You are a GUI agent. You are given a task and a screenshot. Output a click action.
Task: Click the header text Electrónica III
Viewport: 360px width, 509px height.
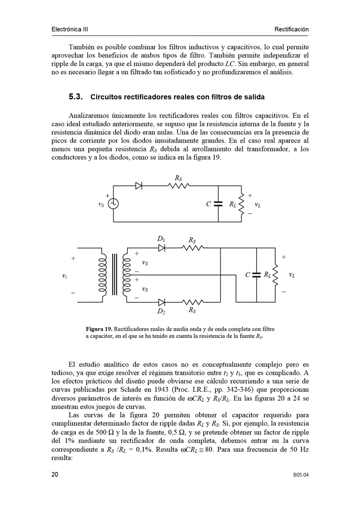69,29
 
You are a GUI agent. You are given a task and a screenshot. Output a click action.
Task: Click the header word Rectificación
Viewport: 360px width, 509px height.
291,29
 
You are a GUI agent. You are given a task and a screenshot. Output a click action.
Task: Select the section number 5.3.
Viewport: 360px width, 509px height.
75,97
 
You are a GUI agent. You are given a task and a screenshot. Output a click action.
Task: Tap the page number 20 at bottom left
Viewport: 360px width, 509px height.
55,474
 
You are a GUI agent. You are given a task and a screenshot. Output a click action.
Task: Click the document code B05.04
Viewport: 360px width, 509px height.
301,475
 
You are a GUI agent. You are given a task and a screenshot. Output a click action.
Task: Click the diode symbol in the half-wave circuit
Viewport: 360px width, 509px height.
139,186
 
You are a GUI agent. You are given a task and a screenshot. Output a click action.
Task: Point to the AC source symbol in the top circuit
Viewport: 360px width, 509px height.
113,204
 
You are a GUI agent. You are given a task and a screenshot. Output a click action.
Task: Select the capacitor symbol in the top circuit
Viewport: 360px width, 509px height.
218,204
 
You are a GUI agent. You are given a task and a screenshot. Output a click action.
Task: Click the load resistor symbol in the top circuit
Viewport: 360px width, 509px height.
241,204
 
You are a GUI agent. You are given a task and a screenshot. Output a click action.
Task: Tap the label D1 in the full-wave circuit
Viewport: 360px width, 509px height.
161,239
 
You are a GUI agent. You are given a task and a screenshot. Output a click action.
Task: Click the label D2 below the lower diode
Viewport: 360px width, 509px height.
161,311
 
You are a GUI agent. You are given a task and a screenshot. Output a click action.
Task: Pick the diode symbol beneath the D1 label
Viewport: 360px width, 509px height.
162,248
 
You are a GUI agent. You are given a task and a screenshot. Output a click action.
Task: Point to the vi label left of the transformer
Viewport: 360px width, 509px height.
64,275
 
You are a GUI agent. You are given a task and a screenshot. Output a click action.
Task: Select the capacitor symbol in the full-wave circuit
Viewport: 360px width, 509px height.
256,275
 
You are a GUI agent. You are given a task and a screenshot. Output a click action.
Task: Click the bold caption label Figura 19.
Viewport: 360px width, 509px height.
99,328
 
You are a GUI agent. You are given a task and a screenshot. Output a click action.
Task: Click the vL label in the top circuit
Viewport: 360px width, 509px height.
257,205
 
